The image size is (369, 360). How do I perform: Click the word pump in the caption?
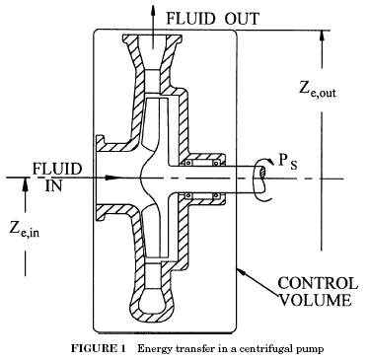301,348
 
